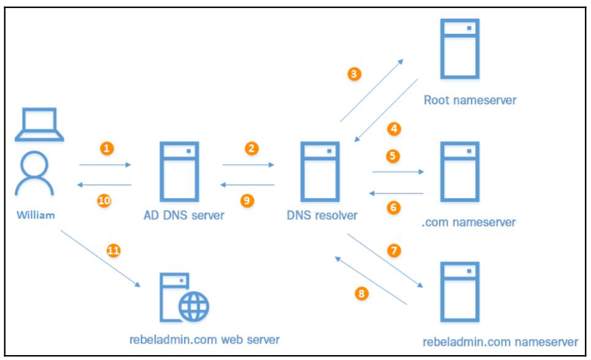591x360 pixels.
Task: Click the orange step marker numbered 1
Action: pyautogui.click(x=107, y=149)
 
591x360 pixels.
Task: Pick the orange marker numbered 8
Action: pyautogui.click(x=361, y=294)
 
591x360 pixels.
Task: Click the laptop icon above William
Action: pyautogui.click(x=40, y=126)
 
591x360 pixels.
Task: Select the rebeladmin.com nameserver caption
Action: pyautogui.click(x=500, y=340)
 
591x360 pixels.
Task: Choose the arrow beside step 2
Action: pyautogui.click(x=249, y=165)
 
